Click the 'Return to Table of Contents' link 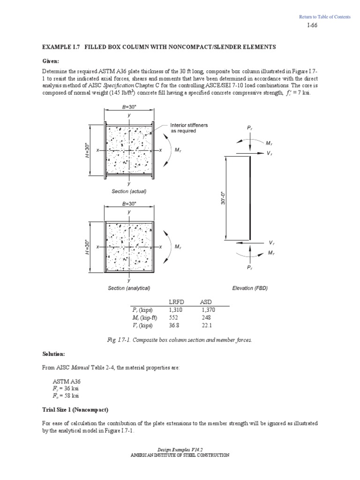pyautogui.click(x=325, y=17)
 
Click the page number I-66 pyautogui.click(x=312, y=26)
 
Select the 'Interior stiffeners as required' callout pyautogui.click(x=189, y=128)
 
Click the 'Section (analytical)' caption pyautogui.click(x=129, y=288)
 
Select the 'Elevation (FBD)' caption pyautogui.click(x=250, y=288)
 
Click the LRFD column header pyautogui.click(x=176, y=301)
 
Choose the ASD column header pyautogui.click(x=206, y=301)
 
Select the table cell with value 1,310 pyautogui.click(x=176, y=309)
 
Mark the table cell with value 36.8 pyautogui.click(x=174, y=325)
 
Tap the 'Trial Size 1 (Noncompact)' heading pyautogui.click(x=75, y=410)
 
